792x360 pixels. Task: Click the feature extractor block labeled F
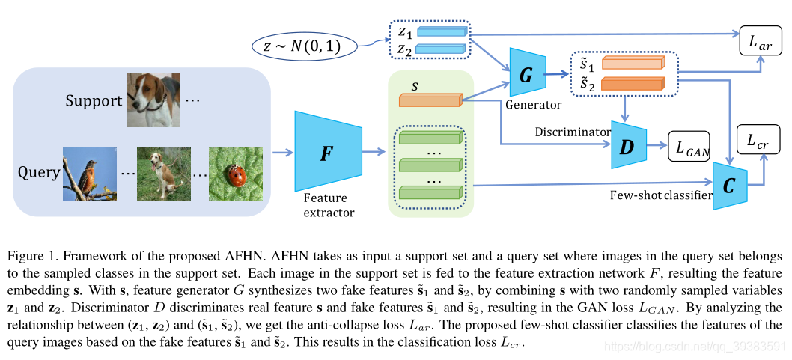pyautogui.click(x=328, y=153)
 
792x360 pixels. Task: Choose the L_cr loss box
pyautogui.click(x=758, y=140)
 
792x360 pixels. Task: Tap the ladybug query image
pyautogui.click(x=237, y=174)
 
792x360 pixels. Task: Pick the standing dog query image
pyautogui.click(x=163, y=174)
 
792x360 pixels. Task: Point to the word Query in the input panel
pyautogui.click(x=38, y=173)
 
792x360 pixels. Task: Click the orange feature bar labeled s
pyautogui.click(x=428, y=101)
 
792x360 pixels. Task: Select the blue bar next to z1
pyautogui.click(x=441, y=32)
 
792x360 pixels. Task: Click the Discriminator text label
pyautogui.click(x=573, y=132)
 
